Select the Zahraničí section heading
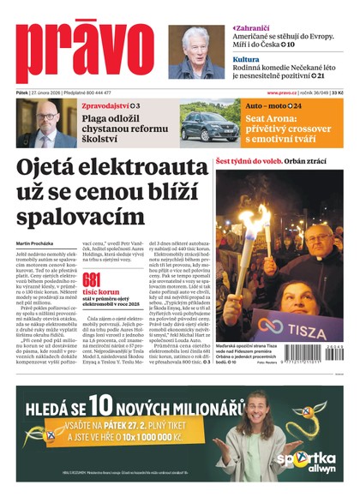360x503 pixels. tap(255, 28)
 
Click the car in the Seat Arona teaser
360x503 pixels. tap(208, 126)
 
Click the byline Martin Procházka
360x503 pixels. tap(35, 243)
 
